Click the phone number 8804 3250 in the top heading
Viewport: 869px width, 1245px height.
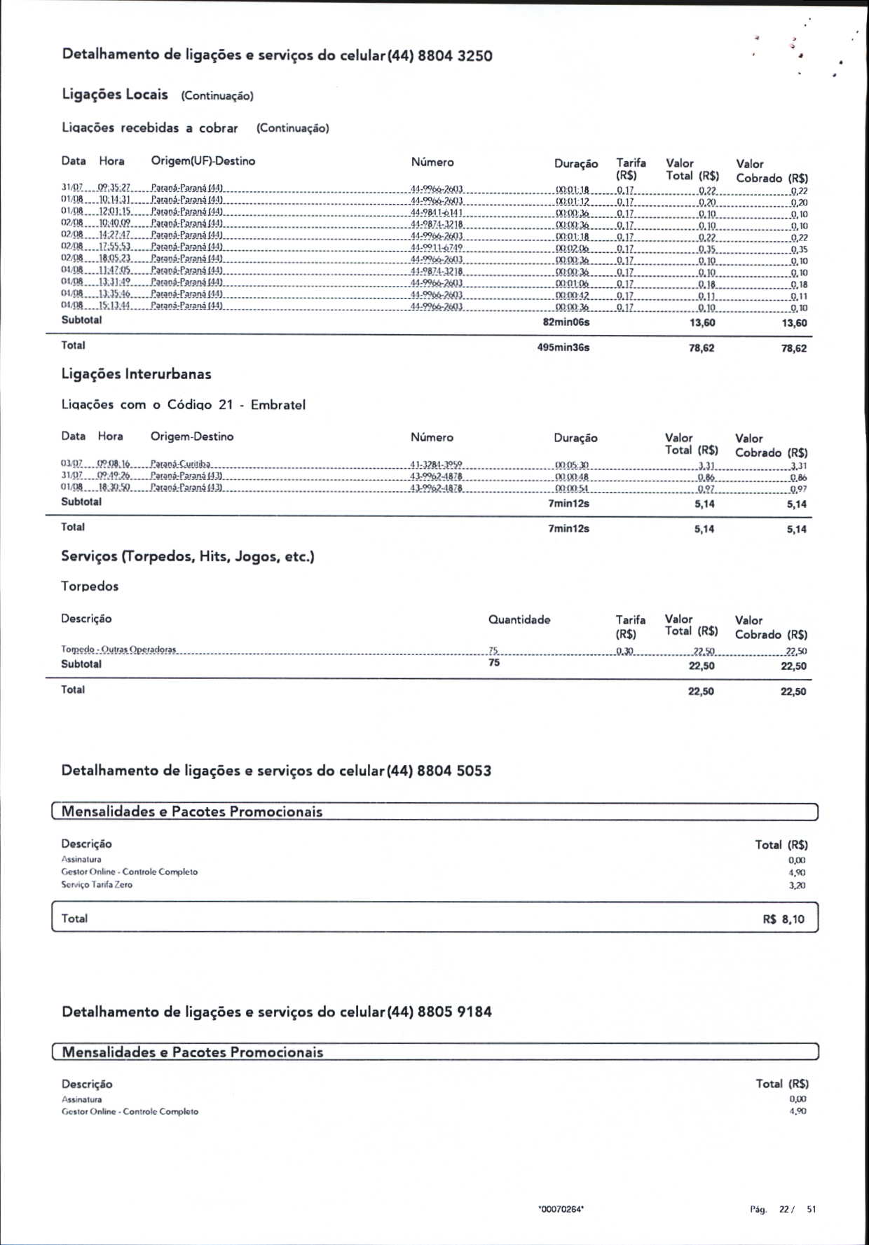click(455, 56)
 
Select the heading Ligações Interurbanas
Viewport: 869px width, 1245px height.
click(136, 374)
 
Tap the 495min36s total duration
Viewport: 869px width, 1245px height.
click(563, 348)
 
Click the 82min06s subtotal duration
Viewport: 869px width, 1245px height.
click(566, 322)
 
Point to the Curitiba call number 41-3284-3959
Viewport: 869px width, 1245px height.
click(436, 465)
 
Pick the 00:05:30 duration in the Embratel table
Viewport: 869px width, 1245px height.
click(571, 465)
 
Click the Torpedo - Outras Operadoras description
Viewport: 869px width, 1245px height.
click(118, 649)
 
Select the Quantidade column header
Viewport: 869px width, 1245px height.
click(519, 619)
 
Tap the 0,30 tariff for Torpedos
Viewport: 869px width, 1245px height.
click(624, 652)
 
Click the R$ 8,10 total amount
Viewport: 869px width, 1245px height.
click(784, 919)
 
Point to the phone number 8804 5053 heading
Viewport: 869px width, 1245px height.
click(453, 771)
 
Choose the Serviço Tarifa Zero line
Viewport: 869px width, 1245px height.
click(97, 885)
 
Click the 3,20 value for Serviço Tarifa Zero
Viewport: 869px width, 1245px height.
click(797, 886)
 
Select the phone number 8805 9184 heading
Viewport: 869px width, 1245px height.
click(454, 1012)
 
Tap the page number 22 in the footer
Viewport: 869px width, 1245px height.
click(784, 1209)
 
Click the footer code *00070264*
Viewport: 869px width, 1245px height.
click(561, 1209)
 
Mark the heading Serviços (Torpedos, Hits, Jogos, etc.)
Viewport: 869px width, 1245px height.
click(187, 557)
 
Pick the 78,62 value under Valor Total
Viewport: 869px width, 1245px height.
click(701, 348)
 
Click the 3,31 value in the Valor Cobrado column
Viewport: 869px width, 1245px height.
click(798, 466)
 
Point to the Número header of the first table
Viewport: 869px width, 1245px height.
click(432, 162)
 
